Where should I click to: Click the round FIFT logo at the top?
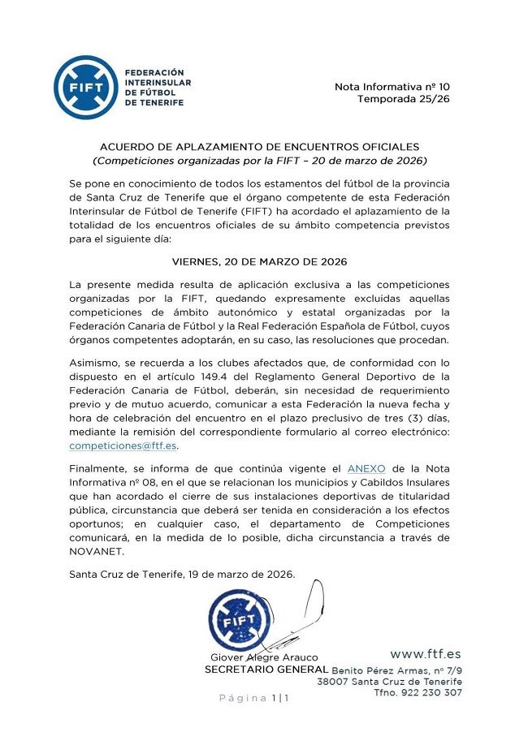tap(86, 88)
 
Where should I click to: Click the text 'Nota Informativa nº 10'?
tap(392, 86)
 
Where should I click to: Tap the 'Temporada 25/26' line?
tap(404, 99)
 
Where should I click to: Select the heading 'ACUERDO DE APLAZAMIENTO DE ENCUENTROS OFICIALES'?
tap(259, 147)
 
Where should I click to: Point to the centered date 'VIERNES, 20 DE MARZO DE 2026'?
tap(259, 262)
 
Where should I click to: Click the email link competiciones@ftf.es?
tap(123, 446)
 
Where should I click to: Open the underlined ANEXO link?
tap(366, 469)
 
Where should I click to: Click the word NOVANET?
tap(96, 552)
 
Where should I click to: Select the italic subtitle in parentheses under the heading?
tap(259, 161)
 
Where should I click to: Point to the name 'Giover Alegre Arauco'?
tap(265, 657)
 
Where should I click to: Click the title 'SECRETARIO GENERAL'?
tap(266, 670)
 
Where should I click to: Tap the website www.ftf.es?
tap(425, 654)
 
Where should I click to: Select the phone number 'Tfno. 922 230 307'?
tap(418, 693)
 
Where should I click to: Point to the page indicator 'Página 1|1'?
tap(253, 698)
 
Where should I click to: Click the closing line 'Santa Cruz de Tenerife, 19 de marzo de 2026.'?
tap(182, 575)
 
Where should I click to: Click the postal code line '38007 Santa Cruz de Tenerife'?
tap(389, 682)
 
